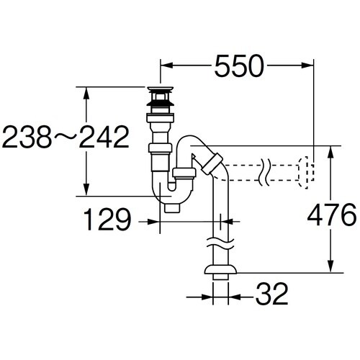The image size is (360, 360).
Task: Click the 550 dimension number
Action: coord(239,66)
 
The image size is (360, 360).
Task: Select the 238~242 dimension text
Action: coord(66,137)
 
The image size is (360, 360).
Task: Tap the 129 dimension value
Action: coord(108,220)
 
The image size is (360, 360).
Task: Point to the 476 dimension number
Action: coord(332,215)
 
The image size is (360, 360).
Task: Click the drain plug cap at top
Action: coord(161,89)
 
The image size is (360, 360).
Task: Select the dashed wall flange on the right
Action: coord(306,172)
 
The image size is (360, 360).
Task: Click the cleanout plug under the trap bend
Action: coord(172,208)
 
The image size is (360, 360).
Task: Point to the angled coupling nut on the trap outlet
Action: coord(212,163)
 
